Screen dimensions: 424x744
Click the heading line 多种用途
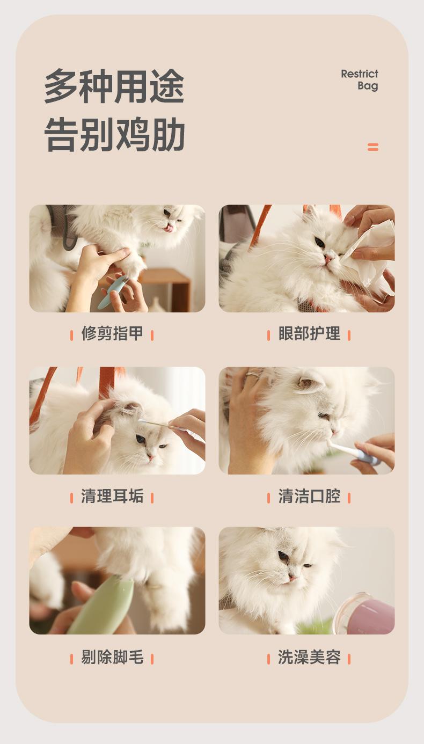point(114,86)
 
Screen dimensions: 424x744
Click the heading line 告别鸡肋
point(114,134)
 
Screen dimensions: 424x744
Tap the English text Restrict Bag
point(360,79)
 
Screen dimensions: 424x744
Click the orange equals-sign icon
point(373,147)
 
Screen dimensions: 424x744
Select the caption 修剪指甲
point(112,333)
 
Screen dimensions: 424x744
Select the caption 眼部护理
point(309,333)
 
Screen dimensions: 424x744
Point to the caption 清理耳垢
point(112,496)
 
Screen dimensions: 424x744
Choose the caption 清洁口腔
point(309,496)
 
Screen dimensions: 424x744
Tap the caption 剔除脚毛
point(112,657)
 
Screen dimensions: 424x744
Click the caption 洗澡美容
point(309,657)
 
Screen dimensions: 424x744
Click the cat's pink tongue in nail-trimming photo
point(170,228)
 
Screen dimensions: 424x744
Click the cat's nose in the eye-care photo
point(329,258)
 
